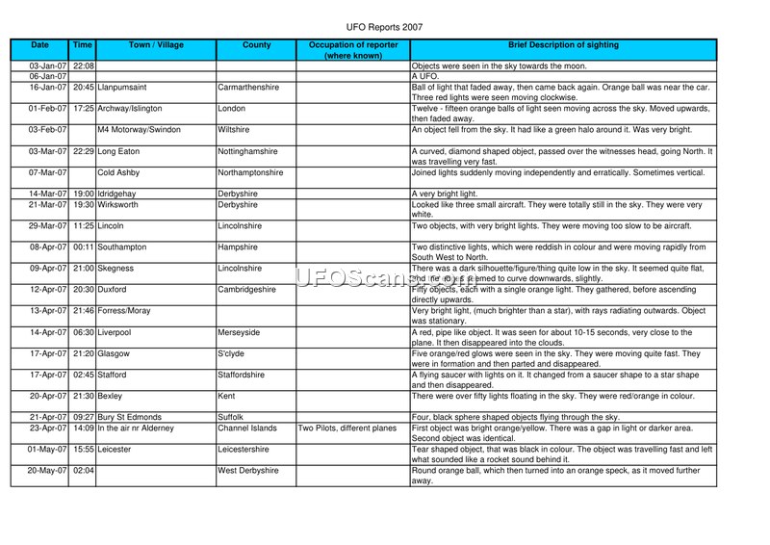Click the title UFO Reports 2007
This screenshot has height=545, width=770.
tap(384, 28)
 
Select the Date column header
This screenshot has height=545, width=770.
tap(39, 45)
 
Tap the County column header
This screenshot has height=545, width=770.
tap(255, 45)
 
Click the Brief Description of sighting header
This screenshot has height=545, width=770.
tap(563, 45)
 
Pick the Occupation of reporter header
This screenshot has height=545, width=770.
tap(352, 50)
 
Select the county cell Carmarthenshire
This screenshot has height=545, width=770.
tap(249, 87)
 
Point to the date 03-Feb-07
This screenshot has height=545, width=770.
tap(47, 129)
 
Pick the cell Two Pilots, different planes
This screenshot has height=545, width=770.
tap(348, 428)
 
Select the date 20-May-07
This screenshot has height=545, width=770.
tap(47, 471)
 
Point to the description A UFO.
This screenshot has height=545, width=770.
tap(425, 75)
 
